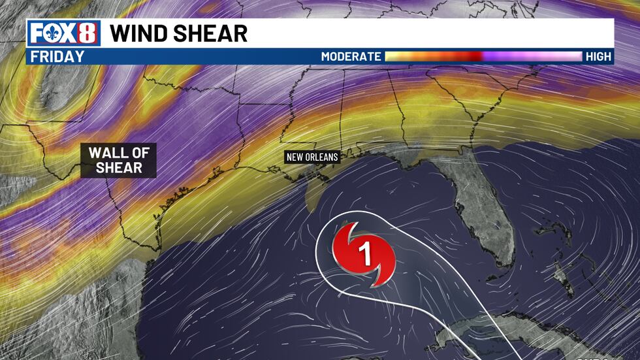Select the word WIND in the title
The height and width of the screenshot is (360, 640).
142,33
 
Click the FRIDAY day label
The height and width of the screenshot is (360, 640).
58,56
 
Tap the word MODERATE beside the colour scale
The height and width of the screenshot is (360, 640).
351,57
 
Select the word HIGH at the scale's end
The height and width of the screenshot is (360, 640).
598,57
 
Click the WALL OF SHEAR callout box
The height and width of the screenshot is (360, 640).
120,161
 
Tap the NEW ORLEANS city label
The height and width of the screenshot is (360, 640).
311,157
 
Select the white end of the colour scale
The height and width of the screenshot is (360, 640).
575,57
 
